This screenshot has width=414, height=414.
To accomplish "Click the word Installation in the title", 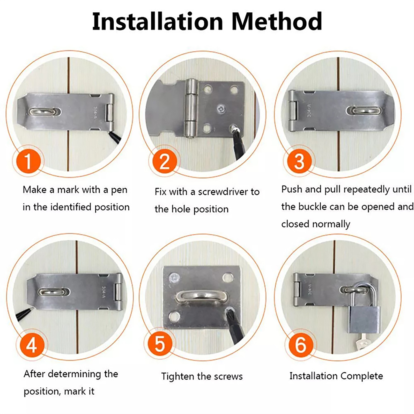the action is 157,21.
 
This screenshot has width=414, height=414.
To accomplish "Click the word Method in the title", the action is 277,21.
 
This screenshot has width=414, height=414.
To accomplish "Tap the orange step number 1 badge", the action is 28,161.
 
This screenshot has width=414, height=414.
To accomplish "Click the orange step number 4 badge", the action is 32,345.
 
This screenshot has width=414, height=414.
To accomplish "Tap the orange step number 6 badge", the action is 300,345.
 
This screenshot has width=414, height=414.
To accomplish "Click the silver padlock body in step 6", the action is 364,320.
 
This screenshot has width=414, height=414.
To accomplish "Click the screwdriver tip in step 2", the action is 234,128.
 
